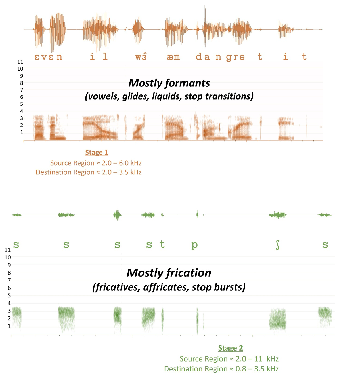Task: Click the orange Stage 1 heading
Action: point(97,153)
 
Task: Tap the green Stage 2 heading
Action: point(231,348)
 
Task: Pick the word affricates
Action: point(166,287)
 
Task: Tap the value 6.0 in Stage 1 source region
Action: point(124,163)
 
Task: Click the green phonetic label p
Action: point(194,245)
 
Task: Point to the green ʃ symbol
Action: point(277,245)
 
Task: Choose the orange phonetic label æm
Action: point(173,57)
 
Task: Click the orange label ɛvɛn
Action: point(49,57)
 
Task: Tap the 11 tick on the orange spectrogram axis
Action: point(20,62)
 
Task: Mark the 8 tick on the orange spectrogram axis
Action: point(22,83)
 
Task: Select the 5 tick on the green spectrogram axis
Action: point(9,295)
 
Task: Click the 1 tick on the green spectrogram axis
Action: point(9,326)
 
